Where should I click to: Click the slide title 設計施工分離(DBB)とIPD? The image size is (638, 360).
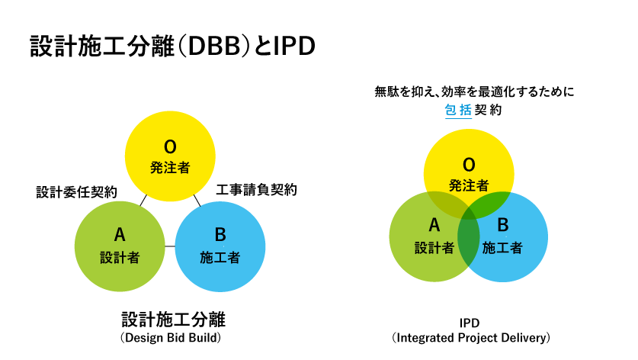tap(172, 46)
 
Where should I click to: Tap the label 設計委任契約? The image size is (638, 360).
tap(76, 191)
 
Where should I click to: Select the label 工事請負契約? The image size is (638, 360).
tap(256, 189)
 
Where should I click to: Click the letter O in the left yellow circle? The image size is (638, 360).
tap(170, 147)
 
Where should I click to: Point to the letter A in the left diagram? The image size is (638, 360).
tap(120, 235)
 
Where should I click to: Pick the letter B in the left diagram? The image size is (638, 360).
tap(220, 235)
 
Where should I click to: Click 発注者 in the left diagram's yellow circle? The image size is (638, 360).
tap(170, 167)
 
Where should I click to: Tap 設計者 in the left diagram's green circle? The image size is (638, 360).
tap(120, 257)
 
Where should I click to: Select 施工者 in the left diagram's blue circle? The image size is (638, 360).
tap(220, 257)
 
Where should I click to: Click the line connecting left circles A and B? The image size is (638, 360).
tap(170, 246)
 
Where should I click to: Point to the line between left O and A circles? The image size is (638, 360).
tap(143, 201)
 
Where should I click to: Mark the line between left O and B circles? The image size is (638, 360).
tap(197, 201)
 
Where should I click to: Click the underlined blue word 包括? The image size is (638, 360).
tap(458, 110)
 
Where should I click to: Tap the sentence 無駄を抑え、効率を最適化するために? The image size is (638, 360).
tap(474, 92)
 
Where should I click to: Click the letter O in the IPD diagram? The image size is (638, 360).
tap(469, 165)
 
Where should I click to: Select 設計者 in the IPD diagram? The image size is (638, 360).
tap(434, 248)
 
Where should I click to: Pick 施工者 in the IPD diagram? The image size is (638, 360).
tap(502, 248)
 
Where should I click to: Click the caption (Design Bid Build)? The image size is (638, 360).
tap(171, 338)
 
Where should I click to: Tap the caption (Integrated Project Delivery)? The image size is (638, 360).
tap(471, 338)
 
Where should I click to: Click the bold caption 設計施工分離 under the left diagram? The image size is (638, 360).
tap(173, 320)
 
